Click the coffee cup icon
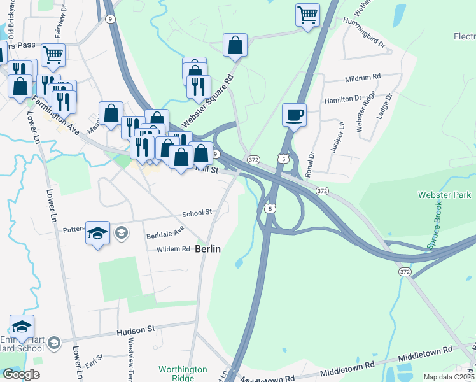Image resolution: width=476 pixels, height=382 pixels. coord(294,115)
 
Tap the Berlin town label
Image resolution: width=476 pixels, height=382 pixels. coord(208,249)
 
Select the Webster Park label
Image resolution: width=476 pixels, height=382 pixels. coord(444,194)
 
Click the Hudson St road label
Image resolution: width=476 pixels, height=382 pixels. coord(136,332)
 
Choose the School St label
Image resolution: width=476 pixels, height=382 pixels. coord(197,215)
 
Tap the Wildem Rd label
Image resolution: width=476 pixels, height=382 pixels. coord(173,249)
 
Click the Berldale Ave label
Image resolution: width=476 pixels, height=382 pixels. coord(165,230)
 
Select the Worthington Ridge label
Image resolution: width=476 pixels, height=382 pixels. coord(183,373)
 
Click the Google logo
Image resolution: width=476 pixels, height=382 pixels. coord(21,374)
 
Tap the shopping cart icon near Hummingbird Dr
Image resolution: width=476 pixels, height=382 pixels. coord(308,14)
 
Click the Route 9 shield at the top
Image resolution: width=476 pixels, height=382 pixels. coord(110,19)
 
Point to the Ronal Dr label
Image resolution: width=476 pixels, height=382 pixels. coord(310,163)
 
